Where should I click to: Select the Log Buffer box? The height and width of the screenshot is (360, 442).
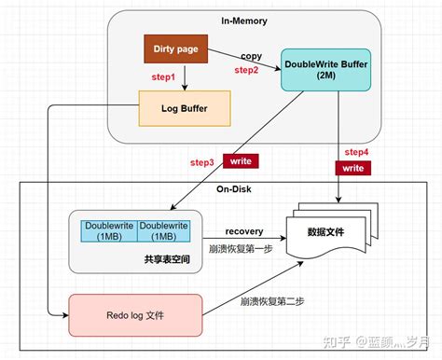(x=182, y=107)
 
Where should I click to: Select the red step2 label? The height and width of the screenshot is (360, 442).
(x=246, y=70)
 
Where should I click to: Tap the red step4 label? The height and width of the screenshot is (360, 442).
(x=357, y=151)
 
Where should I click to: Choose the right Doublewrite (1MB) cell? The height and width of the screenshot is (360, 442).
(x=165, y=231)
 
